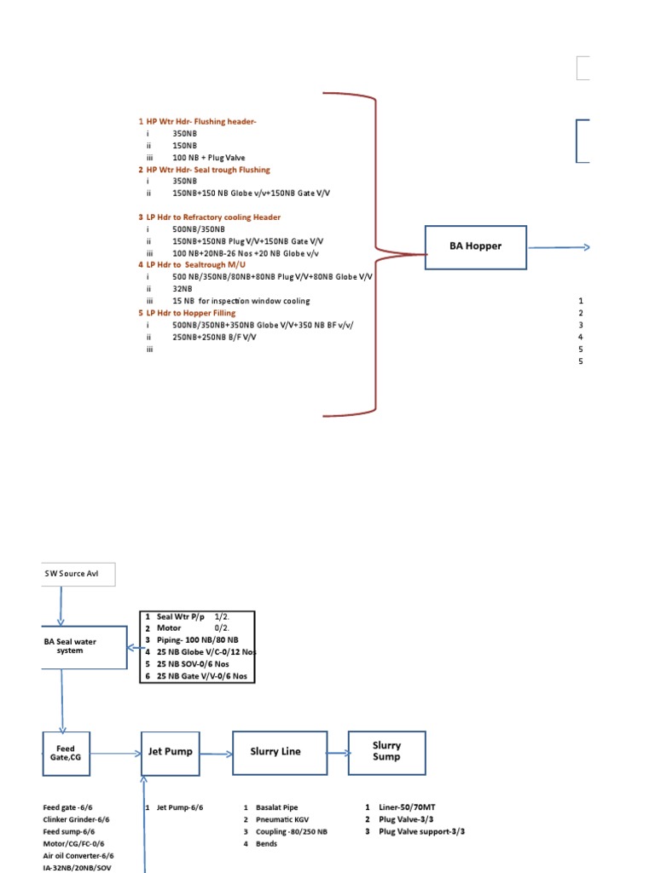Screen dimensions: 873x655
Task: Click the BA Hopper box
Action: [475, 247]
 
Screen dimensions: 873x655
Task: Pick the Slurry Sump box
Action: [386, 751]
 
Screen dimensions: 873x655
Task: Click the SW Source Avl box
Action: [77, 574]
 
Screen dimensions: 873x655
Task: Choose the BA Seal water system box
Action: [83, 648]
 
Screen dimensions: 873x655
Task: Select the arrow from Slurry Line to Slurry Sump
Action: [337, 753]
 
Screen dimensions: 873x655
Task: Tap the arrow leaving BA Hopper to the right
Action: [559, 247]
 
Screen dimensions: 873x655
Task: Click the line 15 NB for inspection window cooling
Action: [241, 301]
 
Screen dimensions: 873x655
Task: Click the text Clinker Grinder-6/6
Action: [76, 819]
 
